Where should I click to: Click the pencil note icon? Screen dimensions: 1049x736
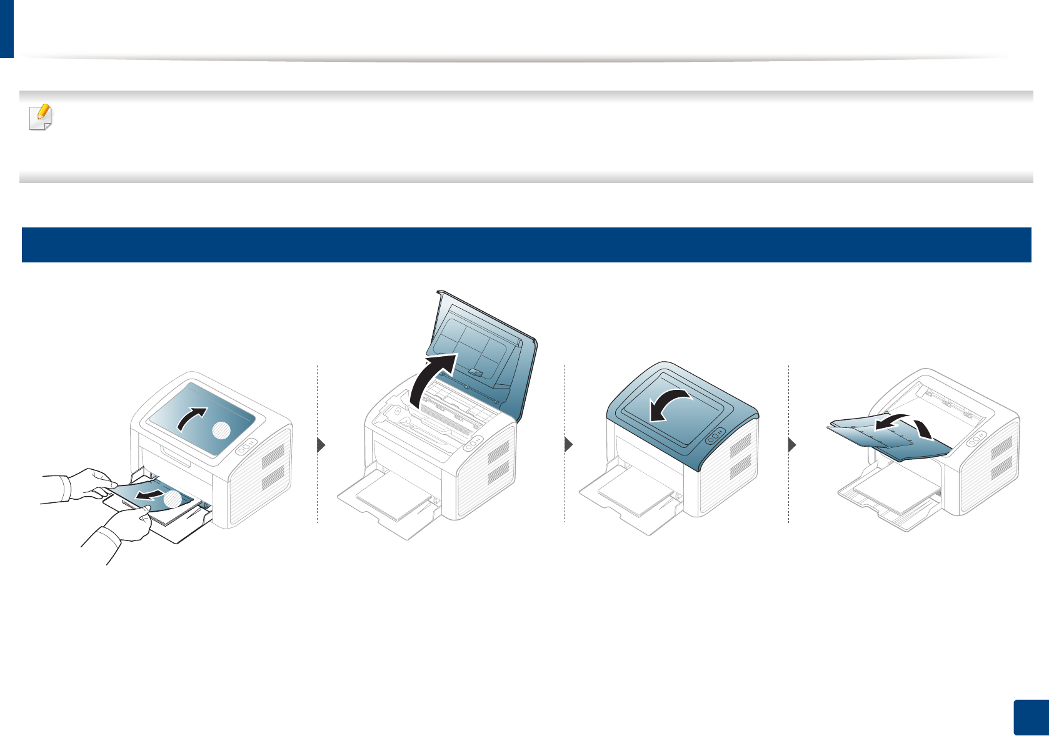(41, 117)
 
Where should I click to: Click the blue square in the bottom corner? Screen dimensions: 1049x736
(1031, 718)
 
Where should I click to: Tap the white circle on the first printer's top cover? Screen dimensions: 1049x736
(222, 430)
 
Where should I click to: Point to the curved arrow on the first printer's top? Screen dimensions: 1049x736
(191, 418)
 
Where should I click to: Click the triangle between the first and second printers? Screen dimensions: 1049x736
(321, 445)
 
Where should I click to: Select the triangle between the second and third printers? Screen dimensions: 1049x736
(568, 445)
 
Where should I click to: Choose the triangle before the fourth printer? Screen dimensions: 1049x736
(792, 445)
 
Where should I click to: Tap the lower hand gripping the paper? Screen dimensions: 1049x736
(122, 528)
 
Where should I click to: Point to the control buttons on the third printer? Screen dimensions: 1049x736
(715, 436)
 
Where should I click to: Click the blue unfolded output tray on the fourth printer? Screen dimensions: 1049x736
(888, 437)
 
